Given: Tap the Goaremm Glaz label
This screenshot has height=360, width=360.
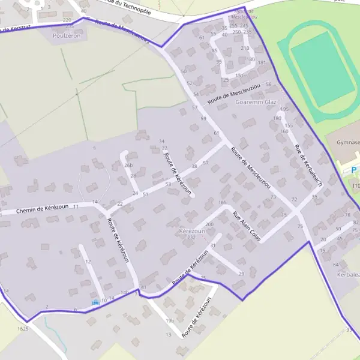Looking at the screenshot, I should [256, 102].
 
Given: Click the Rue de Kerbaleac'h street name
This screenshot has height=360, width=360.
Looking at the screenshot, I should [310, 165].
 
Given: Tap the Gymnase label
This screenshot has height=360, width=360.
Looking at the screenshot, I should [348, 142].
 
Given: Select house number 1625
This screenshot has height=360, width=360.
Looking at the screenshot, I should [23, 329].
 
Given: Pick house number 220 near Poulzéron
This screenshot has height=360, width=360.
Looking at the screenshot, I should [74, 20].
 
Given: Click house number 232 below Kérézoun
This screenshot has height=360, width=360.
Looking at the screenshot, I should [191, 238].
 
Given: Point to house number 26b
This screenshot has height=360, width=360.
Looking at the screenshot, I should [128, 165].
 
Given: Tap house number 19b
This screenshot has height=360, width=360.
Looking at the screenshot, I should [170, 321].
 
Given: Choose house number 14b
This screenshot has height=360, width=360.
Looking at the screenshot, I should [125, 292].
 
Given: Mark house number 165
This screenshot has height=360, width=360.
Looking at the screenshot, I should [223, 203].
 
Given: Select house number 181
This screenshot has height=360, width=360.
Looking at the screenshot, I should [261, 62].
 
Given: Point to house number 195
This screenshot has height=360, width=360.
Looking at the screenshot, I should [284, 109].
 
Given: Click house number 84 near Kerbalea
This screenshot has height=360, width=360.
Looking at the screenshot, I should [335, 265].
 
